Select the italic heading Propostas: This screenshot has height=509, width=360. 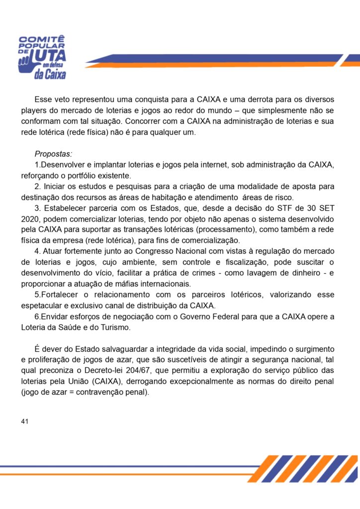pyautogui.click(x=53, y=154)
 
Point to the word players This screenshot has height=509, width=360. pyautogui.click(x=34, y=110)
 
